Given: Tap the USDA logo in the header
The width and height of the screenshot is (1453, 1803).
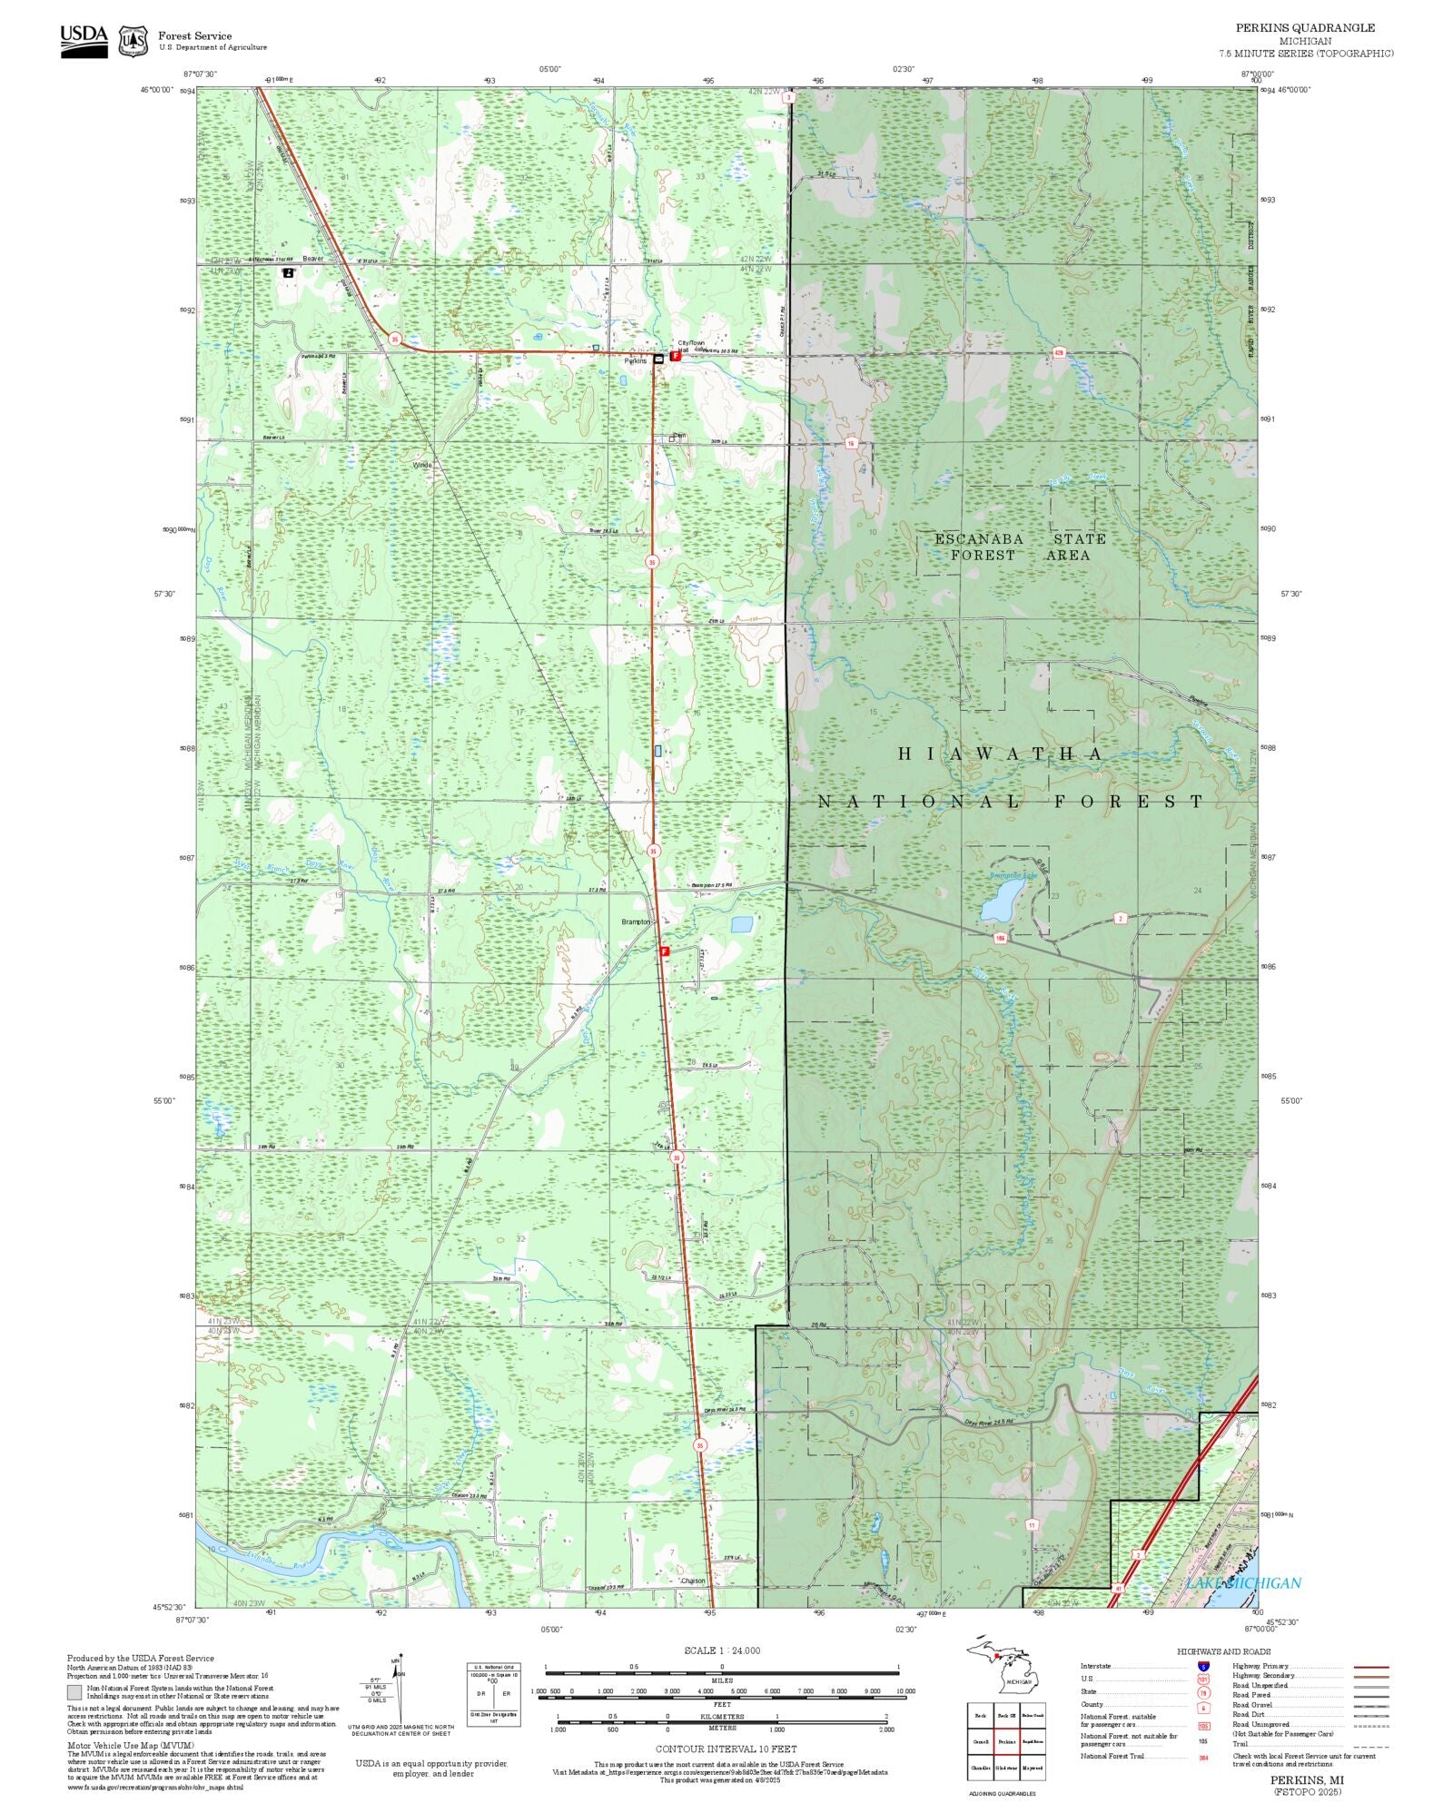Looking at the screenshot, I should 84,41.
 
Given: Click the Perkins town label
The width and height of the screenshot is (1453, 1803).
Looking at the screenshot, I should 636,361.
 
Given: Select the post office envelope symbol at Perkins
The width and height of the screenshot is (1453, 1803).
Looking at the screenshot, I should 658,359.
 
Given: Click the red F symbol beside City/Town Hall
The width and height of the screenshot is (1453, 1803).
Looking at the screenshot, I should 675,357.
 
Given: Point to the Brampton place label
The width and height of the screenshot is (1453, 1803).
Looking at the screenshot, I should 636,921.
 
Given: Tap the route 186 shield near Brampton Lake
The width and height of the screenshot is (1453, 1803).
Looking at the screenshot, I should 1000,938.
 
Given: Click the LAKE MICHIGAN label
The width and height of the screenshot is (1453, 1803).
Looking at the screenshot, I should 1242,1582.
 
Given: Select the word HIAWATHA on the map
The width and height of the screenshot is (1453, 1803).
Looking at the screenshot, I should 1000,754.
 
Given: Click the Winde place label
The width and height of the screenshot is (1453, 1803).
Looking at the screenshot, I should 422,465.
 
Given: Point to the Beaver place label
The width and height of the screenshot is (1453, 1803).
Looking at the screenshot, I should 312,258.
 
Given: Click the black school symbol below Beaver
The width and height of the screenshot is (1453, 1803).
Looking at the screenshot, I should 288,271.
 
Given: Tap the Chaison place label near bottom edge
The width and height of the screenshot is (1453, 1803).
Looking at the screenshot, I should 692,1581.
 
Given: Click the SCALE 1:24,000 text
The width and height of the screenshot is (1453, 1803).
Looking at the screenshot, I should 722,1650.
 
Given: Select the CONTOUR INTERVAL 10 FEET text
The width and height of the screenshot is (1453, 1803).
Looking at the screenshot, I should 726,1749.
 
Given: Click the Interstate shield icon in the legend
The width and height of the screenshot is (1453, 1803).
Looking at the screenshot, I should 1203,1666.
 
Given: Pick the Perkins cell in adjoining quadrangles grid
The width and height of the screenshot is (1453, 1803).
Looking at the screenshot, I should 1006,1741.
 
